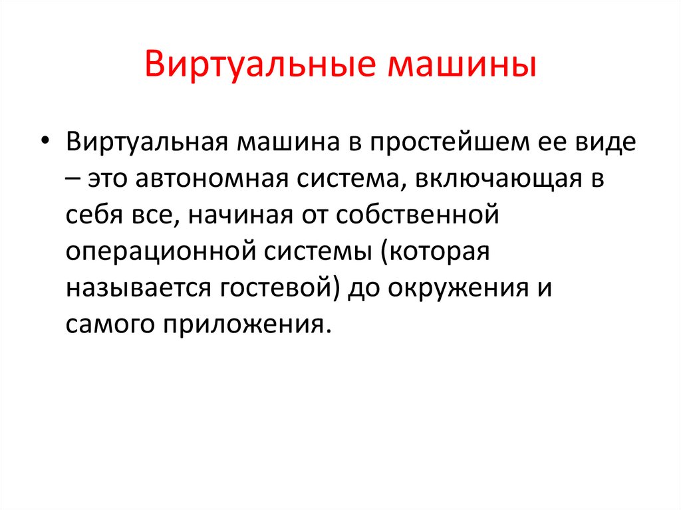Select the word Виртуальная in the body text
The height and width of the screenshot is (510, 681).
tap(147, 143)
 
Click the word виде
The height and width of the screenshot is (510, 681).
tap(603, 143)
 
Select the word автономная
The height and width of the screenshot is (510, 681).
tap(212, 179)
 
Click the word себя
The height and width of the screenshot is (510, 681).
tap(94, 215)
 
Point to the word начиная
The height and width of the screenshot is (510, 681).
tap(240, 215)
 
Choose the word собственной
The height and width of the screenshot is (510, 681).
tap(418, 215)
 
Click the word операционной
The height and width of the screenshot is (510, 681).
tap(160, 253)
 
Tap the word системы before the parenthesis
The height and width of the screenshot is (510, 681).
tap(317, 252)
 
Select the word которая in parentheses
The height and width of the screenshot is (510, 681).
tap(435, 253)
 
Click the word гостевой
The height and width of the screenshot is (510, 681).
tap(276, 287)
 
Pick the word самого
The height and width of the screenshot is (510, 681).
tap(110, 324)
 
